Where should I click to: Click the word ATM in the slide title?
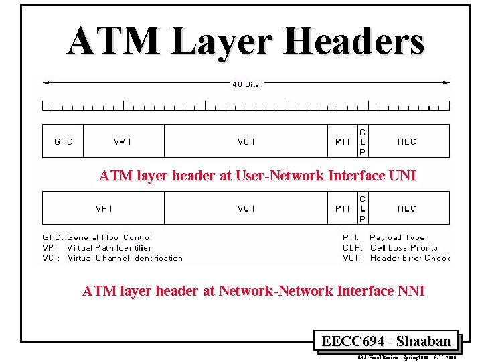[x=114, y=42]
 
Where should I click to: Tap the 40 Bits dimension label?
[x=246, y=84]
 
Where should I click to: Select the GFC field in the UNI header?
[x=63, y=141]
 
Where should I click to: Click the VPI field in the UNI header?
[x=123, y=141]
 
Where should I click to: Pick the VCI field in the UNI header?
[x=246, y=141]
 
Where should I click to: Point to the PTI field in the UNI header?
[x=342, y=141]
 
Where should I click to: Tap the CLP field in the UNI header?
[x=362, y=141]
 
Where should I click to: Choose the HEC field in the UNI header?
[x=406, y=141]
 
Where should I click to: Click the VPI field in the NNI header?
[x=104, y=208]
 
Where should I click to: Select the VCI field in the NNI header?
[x=246, y=208]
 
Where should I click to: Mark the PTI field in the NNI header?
[x=342, y=208]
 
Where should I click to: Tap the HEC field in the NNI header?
[x=406, y=208]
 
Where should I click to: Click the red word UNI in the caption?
[x=402, y=176]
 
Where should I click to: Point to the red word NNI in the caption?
[x=410, y=291]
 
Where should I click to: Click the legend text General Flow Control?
[x=110, y=237]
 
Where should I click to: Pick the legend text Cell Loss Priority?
[x=406, y=247]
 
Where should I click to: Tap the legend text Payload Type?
[x=397, y=237]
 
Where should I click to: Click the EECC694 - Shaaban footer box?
[x=386, y=341]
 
